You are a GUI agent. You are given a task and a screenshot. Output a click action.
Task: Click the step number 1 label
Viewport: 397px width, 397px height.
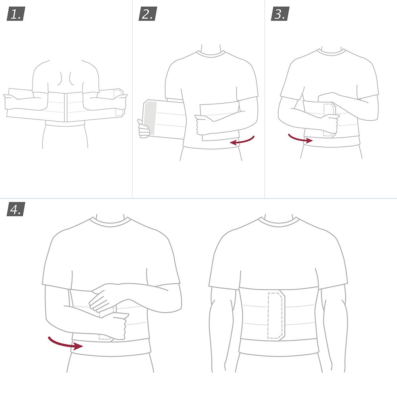(15, 15)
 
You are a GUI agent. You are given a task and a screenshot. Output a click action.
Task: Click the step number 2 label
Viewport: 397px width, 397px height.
(148, 15)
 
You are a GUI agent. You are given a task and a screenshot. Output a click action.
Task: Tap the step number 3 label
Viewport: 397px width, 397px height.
(280, 15)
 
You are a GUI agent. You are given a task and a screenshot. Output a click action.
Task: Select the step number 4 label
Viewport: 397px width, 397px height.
(15, 209)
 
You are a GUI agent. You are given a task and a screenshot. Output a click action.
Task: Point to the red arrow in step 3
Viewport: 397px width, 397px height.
(300, 139)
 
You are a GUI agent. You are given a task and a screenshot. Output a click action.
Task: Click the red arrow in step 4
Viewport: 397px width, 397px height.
(65, 343)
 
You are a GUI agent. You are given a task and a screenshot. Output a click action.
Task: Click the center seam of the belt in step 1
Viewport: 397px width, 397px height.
(66, 107)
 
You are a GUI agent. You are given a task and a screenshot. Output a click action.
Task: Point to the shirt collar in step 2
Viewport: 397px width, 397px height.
(210, 54)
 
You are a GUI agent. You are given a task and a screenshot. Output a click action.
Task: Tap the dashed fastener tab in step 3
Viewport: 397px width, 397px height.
(329, 119)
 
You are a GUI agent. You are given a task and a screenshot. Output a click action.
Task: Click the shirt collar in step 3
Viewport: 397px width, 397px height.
(331, 52)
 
